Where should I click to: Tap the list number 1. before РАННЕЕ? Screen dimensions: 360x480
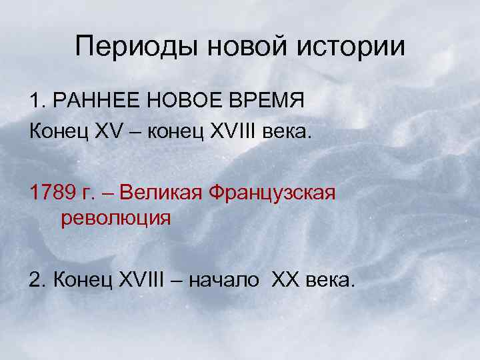point(37,101)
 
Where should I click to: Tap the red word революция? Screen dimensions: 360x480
point(116,219)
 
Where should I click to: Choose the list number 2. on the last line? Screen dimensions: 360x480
point(37,280)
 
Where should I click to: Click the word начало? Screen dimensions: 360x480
point(224,280)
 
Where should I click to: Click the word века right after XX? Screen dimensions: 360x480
point(329,281)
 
